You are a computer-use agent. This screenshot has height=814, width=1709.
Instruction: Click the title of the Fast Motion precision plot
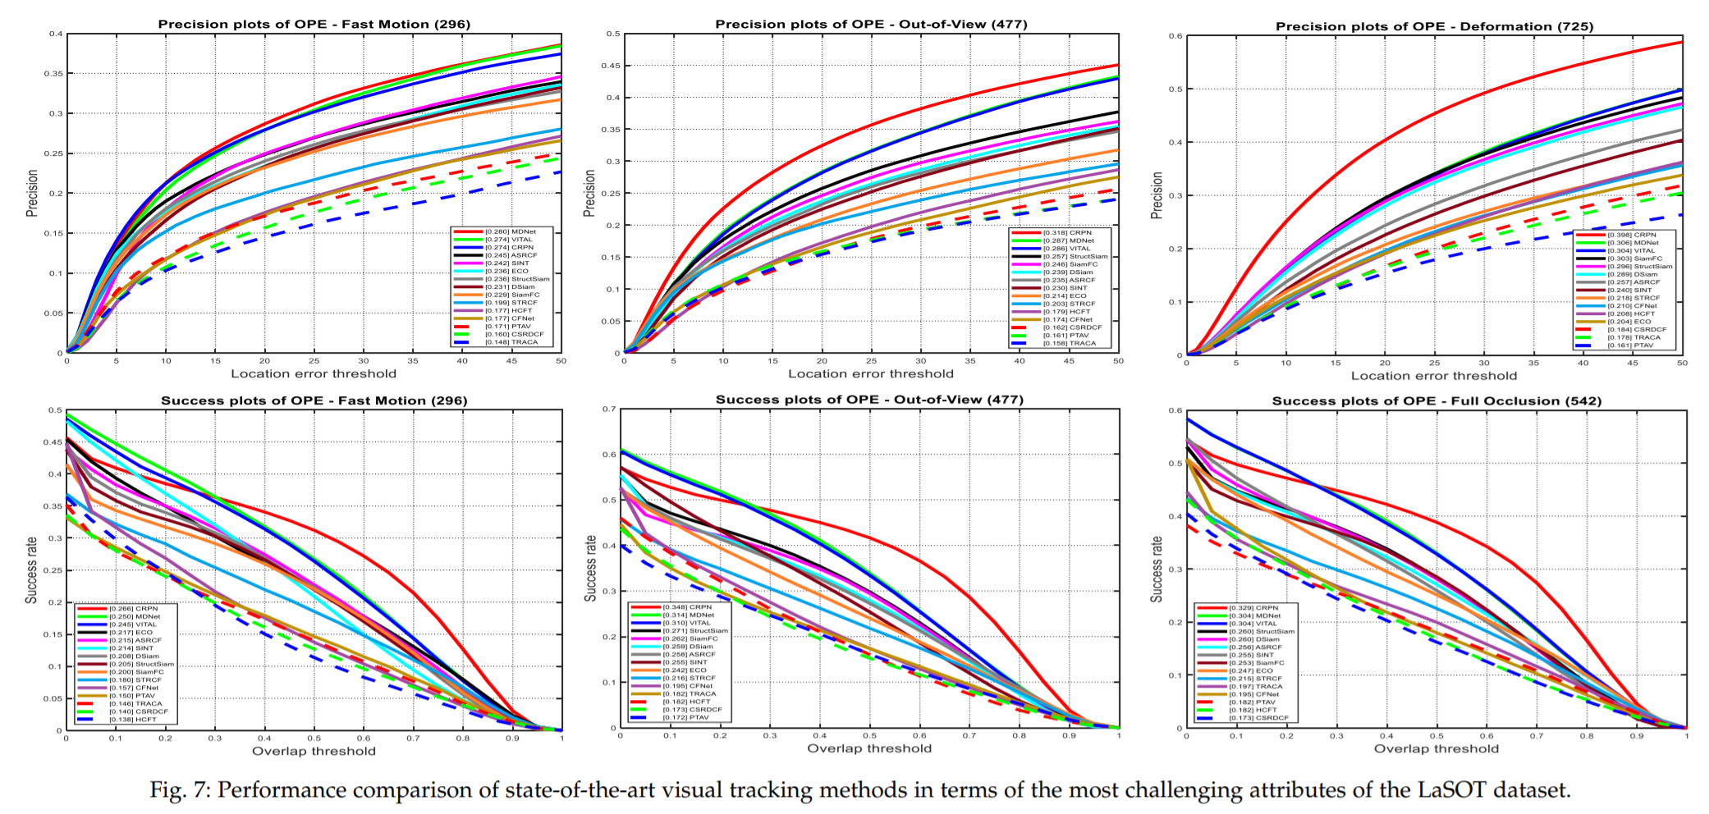click(x=314, y=25)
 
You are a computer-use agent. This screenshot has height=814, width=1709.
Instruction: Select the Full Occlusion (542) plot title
click(x=1436, y=401)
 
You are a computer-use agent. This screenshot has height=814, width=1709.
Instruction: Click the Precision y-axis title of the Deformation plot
click(x=1157, y=195)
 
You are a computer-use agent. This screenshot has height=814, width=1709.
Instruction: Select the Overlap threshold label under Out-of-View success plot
click(x=869, y=748)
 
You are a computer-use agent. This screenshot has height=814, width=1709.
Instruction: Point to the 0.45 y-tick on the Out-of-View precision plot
click(x=612, y=66)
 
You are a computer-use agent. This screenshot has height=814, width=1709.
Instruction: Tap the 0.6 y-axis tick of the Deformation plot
click(x=1175, y=36)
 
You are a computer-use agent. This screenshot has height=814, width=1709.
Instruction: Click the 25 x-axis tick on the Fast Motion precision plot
click(x=314, y=361)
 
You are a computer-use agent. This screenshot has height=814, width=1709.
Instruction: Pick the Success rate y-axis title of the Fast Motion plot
click(x=32, y=570)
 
